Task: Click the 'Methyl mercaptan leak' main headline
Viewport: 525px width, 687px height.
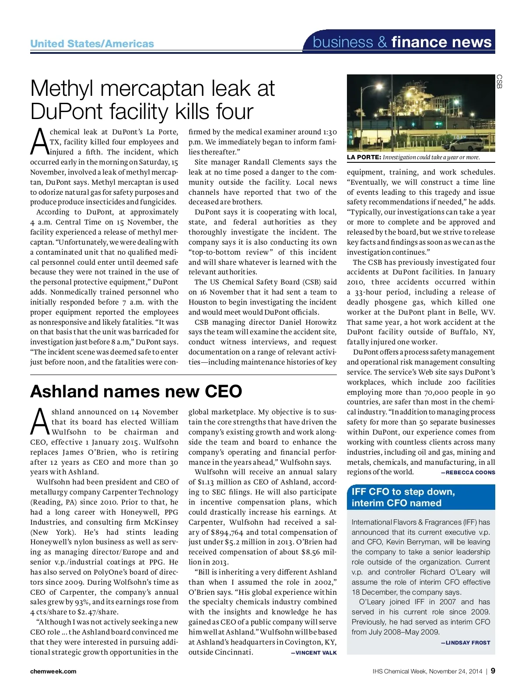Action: [152, 100]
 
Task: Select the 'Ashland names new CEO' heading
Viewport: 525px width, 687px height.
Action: [136, 391]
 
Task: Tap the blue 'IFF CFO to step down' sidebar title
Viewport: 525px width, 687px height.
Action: [403, 497]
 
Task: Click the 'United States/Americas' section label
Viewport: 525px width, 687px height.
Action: [92, 44]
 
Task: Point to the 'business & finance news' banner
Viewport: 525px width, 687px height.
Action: [402, 42]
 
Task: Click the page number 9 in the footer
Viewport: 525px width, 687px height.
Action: [493, 671]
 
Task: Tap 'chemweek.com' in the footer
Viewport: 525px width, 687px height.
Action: [53, 671]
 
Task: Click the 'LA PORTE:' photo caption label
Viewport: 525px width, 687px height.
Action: [364, 158]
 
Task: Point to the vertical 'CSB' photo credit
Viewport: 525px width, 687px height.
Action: [499, 81]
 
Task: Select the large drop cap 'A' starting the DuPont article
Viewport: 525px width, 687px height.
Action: [40, 141]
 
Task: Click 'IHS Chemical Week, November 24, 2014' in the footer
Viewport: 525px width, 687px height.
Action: [427, 671]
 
